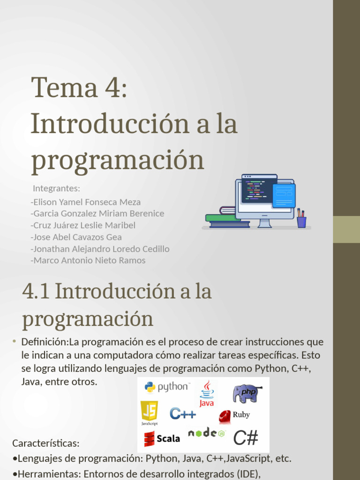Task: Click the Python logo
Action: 166,387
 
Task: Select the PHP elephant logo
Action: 247,393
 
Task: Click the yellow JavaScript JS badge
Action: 149,411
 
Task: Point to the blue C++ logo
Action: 183,413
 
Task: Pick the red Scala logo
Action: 162,438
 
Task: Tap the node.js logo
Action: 207,433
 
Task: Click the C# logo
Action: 246,438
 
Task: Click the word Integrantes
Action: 57,188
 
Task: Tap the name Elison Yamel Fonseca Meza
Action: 86,202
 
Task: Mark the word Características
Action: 46,443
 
